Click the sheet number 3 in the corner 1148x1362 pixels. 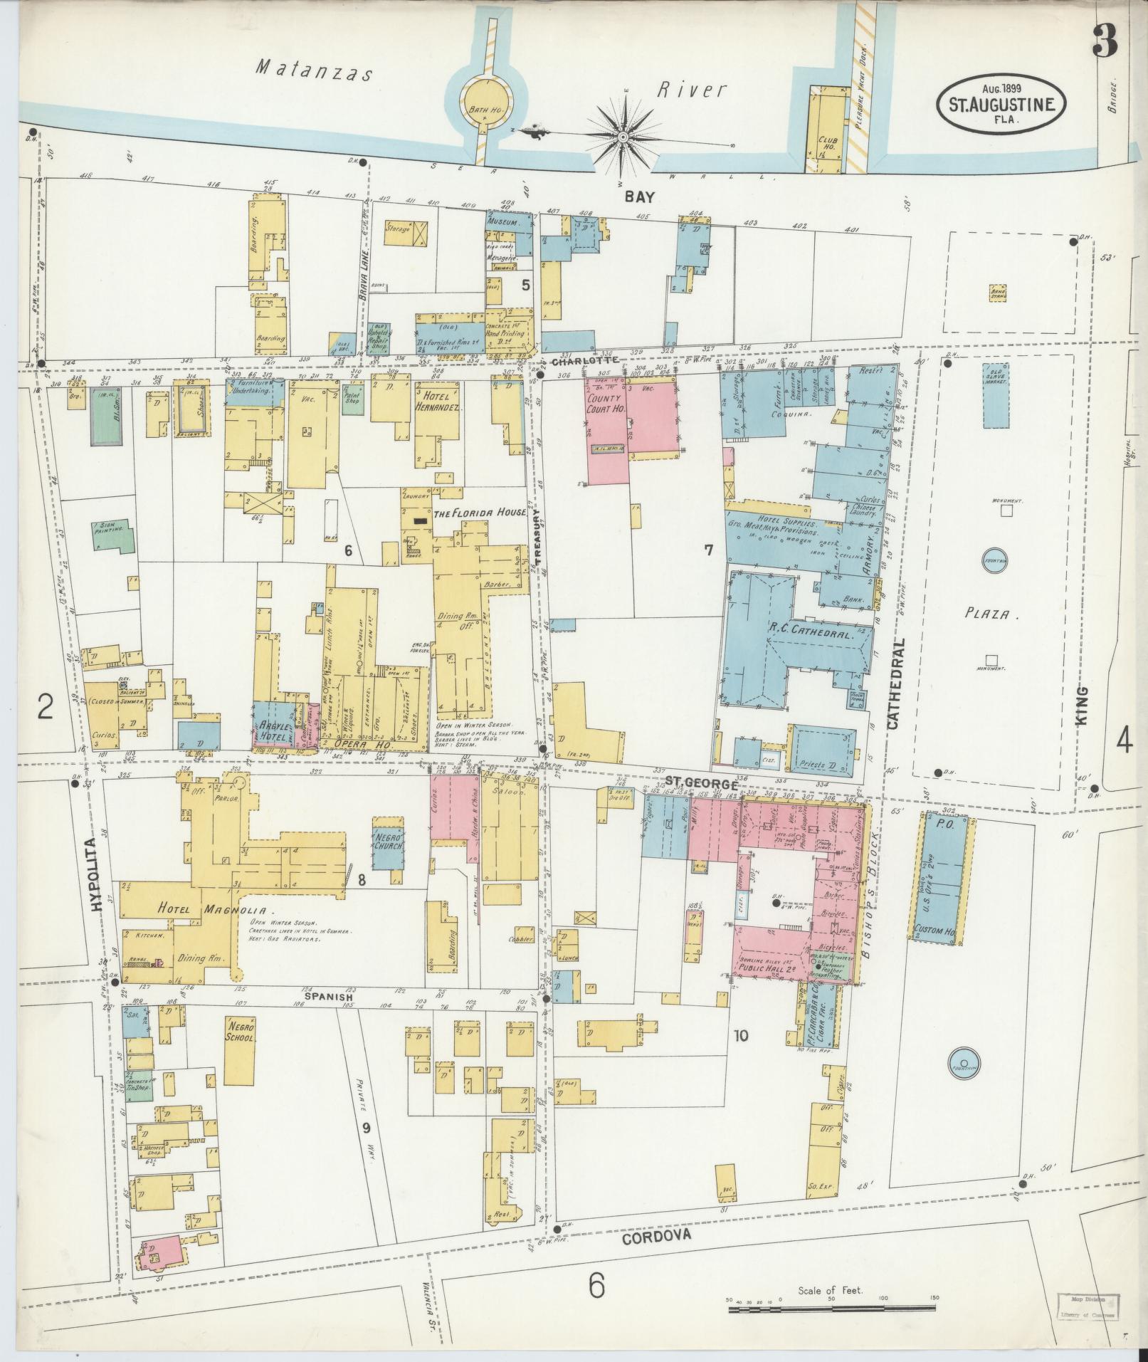click(x=1104, y=41)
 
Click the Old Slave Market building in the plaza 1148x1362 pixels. click(x=1001, y=396)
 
